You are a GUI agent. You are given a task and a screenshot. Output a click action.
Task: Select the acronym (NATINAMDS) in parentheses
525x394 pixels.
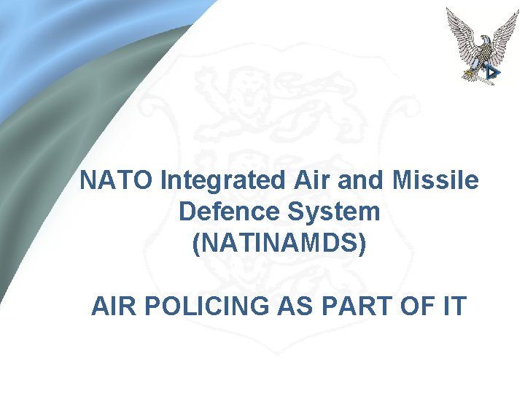point(279,244)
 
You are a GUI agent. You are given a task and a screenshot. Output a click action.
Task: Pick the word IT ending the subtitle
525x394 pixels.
point(452,307)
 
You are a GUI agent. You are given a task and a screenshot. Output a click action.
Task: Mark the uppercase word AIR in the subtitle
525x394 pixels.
point(113,307)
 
